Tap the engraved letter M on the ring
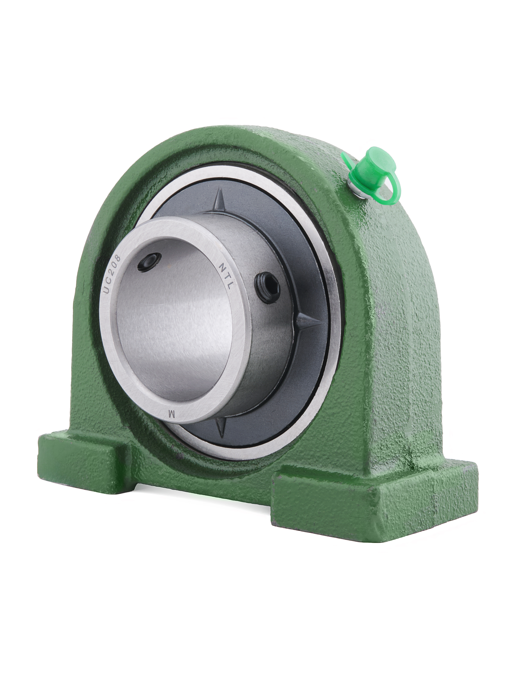171,414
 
